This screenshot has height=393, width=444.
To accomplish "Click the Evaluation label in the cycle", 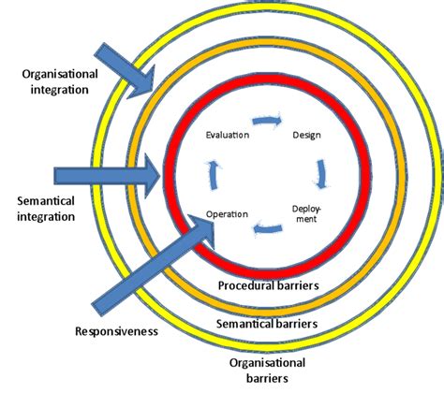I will click(x=228, y=136).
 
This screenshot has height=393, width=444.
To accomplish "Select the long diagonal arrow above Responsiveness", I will click(x=150, y=267).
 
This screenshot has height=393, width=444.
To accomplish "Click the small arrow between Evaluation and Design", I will click(x=267, y=121).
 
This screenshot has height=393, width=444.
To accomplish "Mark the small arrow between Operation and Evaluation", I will click(x=213, y=173).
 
